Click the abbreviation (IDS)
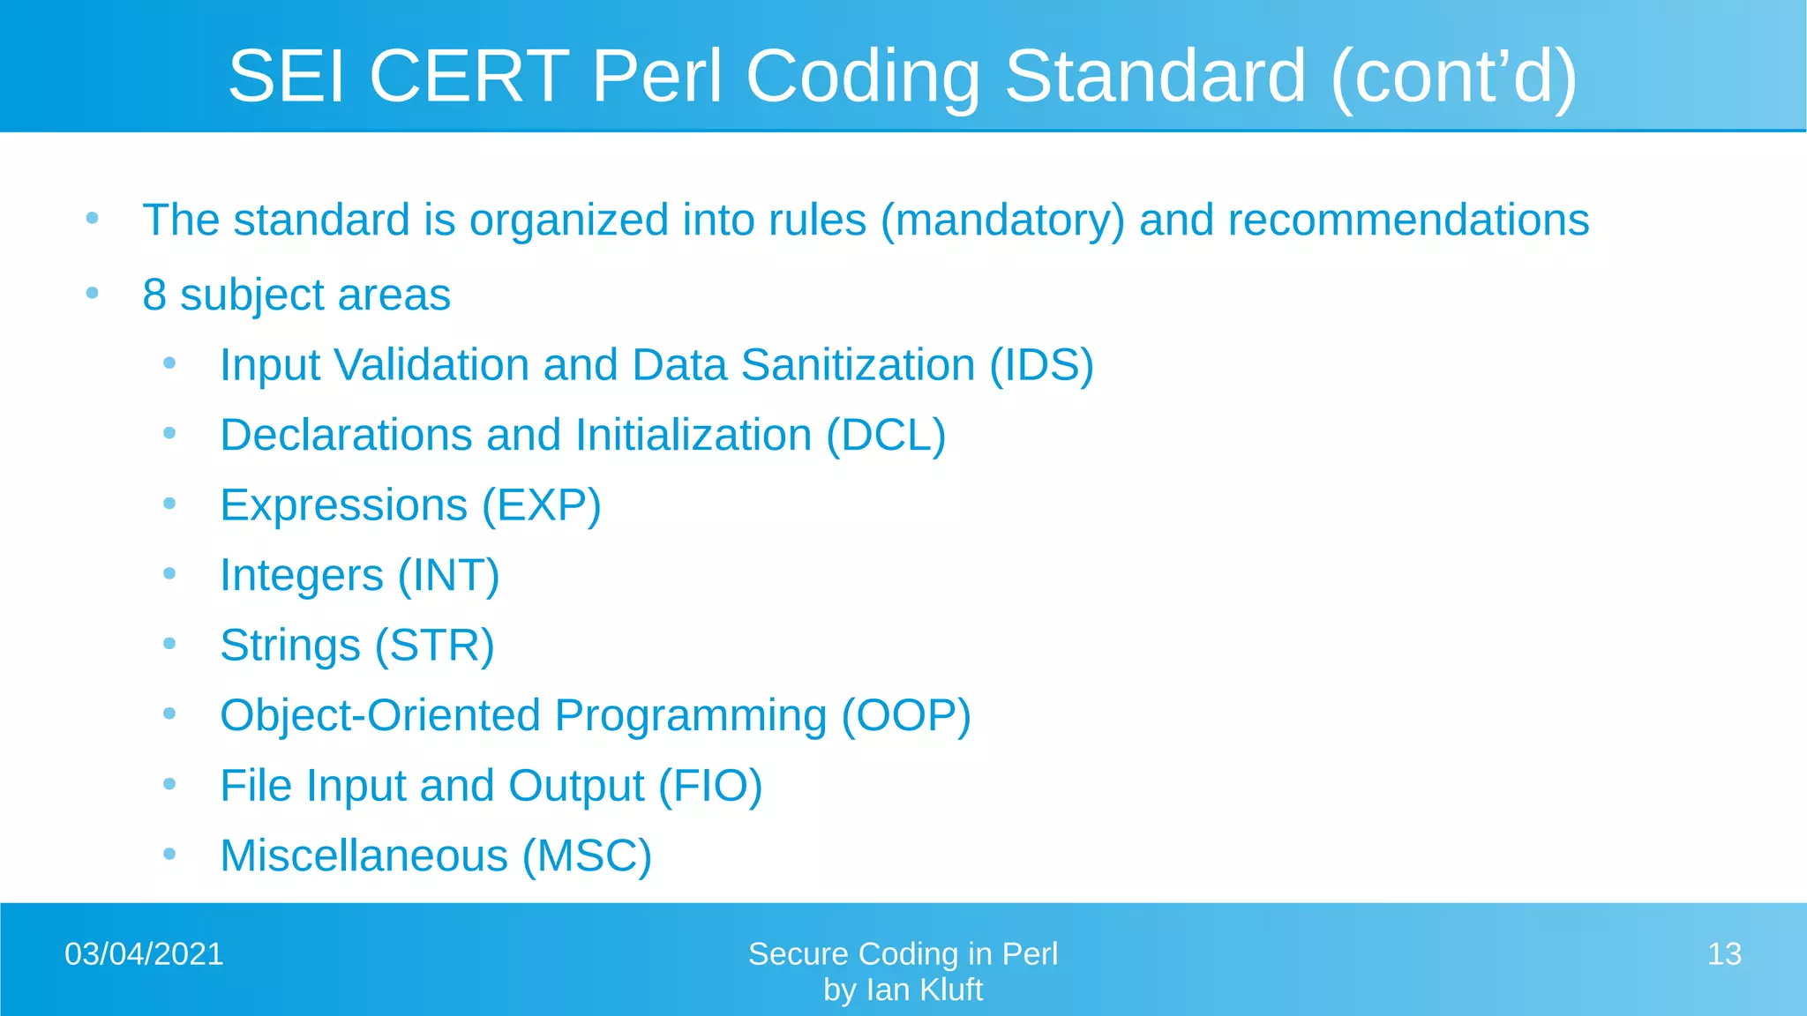pyautogui.click(x=1041, y=365)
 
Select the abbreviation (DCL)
pyautogui.click(x=886, y=436)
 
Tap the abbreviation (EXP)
pyautogui.click(x=541, y=505)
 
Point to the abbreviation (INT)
pyautogui.click(x=448, y=576)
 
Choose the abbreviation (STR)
pyautogui.click(x=434, y=646)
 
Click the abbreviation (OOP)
pyautogui.click(x=906, y=715)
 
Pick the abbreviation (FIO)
pyautogui.click(x=710, y=786)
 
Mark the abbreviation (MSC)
pyautogui.click(x=587, y=855)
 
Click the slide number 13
pyautogui.click(x=1724, y=954)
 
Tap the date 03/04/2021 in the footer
pyautogui.click(x=144, y=954)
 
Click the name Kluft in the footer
pyautogui.click(x=951, y=990)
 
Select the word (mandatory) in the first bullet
pyautogui.click(x=1002, y=220)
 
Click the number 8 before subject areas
pyautogui.click(x=154, y=295)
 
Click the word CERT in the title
pyautogui.click(x=469, y=76)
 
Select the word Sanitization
pyautogui.click(x=858, y=365)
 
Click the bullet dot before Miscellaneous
pyautogui.click(x=169, y=854)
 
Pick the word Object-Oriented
pyautogui.click(x=379, y=715)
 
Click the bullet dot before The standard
pyautogui.click(x=92, y=218)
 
